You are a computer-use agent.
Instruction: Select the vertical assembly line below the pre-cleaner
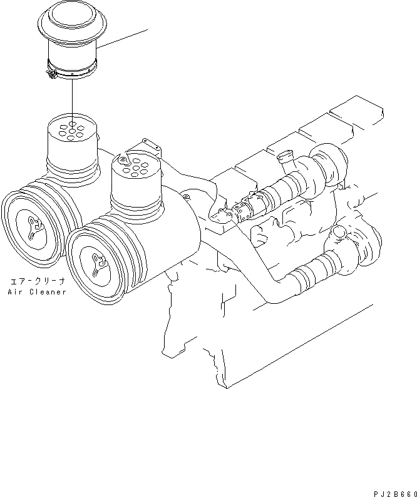click(72, 97)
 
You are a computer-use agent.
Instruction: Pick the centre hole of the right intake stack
click(135, 168)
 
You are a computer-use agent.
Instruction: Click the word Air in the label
click(15, 292)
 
